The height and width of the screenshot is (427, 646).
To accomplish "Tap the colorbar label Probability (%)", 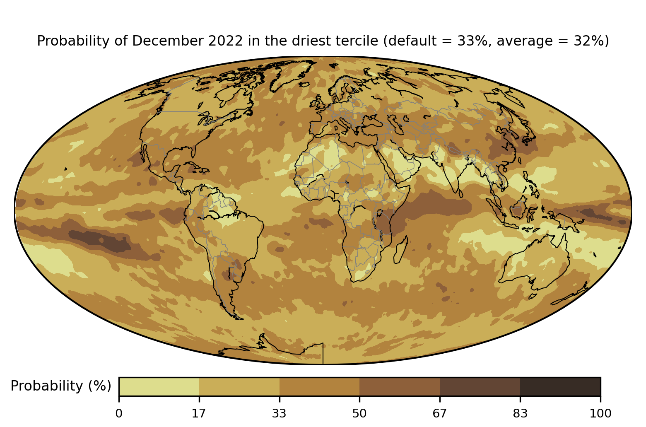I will click(61, 386).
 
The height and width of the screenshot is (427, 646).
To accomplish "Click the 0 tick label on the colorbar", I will click(119, 413).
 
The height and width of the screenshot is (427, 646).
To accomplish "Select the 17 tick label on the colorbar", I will click(199, 413).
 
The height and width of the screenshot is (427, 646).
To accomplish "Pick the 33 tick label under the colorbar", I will click(280, 413).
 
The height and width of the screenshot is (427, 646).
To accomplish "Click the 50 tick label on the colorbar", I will click(359, 413).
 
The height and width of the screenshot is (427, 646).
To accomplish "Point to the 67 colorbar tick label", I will click(440, 413).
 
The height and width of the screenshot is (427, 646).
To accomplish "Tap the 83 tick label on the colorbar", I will click(520, 413).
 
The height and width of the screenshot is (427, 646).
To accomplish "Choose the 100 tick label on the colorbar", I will click(600, 413).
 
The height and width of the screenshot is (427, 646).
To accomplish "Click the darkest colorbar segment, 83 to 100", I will click(560, 386).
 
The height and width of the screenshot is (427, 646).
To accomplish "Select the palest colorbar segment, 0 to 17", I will click(159, 386).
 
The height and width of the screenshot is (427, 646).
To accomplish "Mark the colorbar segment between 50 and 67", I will click(400, 386).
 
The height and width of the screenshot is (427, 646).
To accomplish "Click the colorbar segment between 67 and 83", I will click(480, 386).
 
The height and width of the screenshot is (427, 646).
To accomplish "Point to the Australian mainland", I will click(534, 261).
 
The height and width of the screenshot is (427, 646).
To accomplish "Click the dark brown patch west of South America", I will click(104, 241).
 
